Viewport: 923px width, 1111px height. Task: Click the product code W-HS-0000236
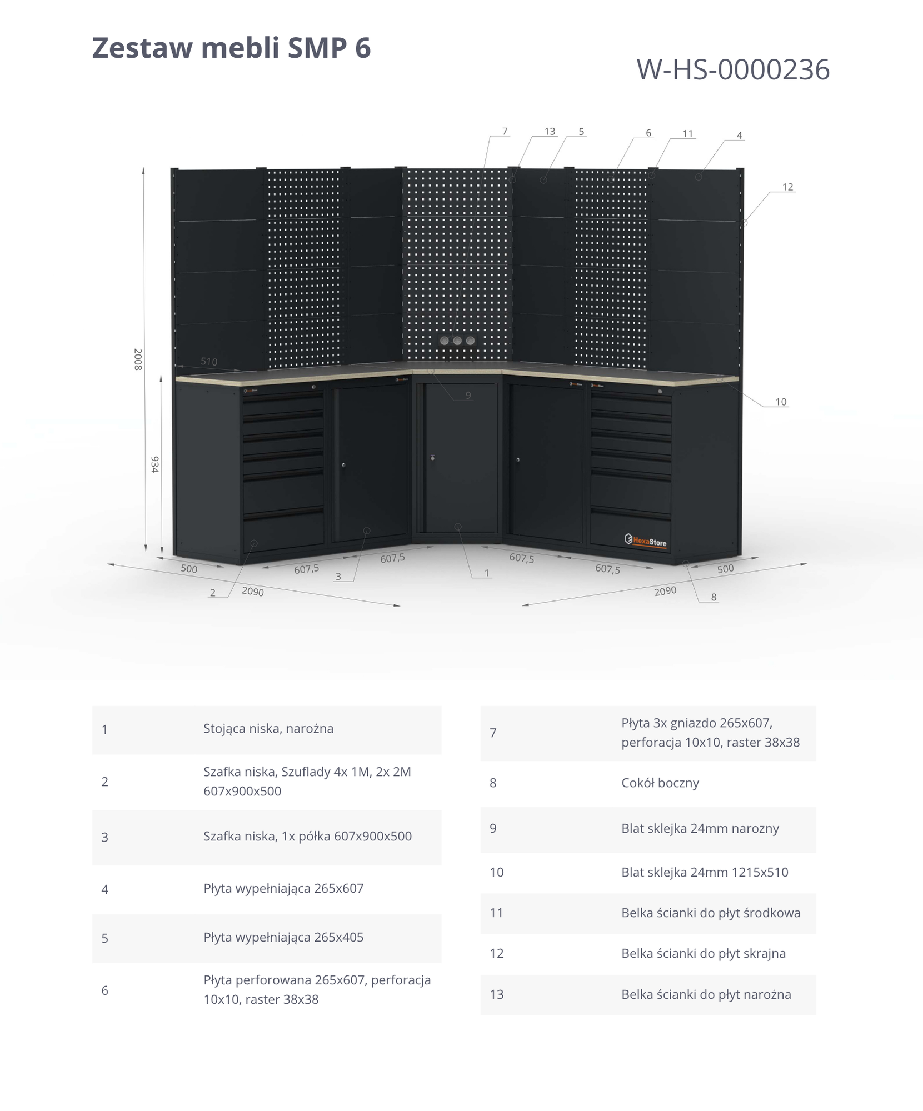[x=733, y=70]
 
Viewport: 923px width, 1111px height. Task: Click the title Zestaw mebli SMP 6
[x=231, y=48]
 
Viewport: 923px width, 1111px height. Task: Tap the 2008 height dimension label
[x=138, y=359]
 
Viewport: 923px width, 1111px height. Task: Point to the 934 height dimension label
[x=155, y=464]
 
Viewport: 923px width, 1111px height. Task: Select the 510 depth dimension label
[x=209, y=362]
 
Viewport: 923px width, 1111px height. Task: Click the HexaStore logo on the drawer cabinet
[x=646, y=540]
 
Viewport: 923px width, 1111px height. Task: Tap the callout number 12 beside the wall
[x=787, y=187]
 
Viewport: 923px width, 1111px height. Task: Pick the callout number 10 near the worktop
[x=781, y=402]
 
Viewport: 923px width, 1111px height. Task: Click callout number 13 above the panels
[x=550, y=132]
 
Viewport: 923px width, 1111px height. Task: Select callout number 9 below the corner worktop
[x=468, y=395]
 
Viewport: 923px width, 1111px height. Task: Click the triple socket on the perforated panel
[x=457, y=341]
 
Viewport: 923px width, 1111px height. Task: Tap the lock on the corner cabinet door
[x=432, y=458]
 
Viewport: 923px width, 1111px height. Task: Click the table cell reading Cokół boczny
[x=660, y=783]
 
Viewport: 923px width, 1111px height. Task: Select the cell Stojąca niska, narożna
[x=268, y=729]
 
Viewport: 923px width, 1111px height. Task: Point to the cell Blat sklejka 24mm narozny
[x=700, y=828]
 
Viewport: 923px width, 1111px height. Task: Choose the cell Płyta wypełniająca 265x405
[x=283, y=937]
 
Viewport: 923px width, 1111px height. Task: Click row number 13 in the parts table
[x=496, y=994]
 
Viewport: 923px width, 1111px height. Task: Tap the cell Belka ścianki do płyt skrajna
[x=704, y=953]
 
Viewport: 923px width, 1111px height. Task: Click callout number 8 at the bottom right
[x=714, y=597]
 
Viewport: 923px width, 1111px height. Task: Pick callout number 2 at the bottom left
[x=212, y=593]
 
